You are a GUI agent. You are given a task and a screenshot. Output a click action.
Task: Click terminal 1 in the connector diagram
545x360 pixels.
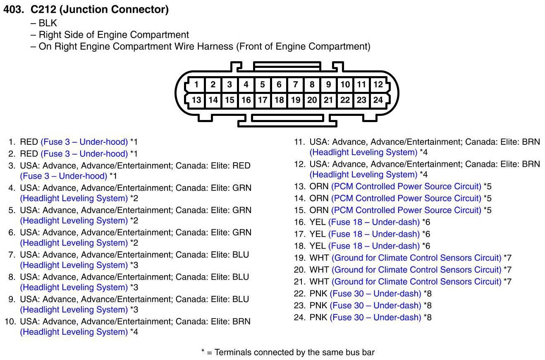[196, 85]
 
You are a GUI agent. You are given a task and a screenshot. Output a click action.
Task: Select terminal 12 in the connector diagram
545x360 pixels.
[378, 85]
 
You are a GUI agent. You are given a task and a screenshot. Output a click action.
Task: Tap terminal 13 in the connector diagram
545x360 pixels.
[196, 100]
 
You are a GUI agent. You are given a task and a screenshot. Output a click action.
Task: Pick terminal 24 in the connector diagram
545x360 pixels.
[378, 100]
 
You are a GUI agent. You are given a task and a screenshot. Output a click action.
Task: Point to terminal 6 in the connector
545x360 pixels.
[279, 85]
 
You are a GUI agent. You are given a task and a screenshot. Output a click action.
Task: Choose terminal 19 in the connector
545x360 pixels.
[295, 100]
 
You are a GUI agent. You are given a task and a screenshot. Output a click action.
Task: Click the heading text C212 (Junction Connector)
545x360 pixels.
[100, 10]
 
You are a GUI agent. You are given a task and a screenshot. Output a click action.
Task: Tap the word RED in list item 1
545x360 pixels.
[29, 142]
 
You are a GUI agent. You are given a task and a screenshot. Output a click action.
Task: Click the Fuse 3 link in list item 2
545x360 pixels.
[84, 154]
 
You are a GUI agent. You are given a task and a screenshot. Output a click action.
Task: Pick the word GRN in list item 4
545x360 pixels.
[242, 188]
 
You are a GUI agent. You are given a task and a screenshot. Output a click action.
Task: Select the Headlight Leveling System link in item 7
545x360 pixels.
[74, 265]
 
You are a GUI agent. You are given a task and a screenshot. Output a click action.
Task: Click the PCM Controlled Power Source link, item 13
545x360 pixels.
[406, 187]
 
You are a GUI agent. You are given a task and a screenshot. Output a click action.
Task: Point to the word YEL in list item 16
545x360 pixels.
[318, 222]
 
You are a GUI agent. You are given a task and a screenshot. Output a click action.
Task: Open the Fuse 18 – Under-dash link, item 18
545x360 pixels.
[374, 246]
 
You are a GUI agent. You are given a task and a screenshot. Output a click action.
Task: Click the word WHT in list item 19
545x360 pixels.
[319, 258]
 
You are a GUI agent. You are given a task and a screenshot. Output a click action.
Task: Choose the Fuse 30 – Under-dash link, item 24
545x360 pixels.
[375, 317]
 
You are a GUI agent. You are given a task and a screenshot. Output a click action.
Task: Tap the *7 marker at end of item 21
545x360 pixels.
[507, 282]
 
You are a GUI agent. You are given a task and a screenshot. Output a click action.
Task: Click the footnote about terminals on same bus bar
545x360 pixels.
[288, 353]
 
